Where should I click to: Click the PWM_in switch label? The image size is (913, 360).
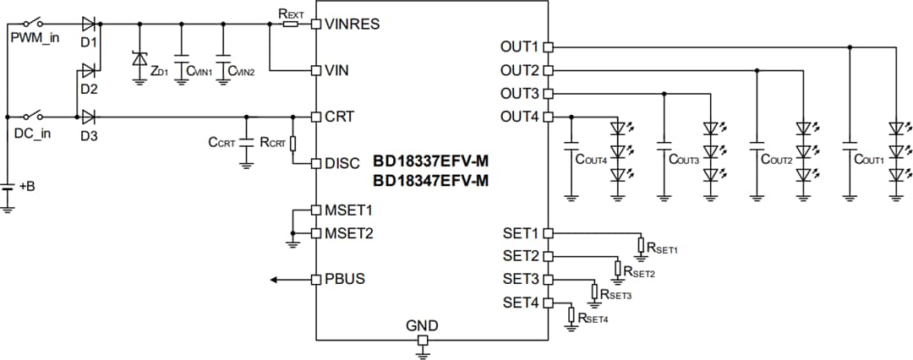point(35,39)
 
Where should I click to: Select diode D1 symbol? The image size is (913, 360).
point(89,24)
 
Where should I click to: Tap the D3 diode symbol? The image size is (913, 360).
point(89,116)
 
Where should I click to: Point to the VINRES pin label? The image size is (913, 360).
point(352,24)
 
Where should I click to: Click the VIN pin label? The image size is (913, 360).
point(336,70)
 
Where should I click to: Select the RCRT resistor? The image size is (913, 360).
point(292,143)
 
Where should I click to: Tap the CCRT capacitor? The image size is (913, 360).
point(247,143)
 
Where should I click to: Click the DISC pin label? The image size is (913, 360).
point(342,163)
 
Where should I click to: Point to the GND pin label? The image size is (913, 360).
point(422,325)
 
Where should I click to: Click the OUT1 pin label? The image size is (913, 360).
point(519,46)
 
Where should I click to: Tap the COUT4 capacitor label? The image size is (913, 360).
point(592,158)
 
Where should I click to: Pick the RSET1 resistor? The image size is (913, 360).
point(641,246)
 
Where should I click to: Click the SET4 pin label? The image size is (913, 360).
point(521,302)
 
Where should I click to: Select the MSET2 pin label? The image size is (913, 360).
point(348,232)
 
